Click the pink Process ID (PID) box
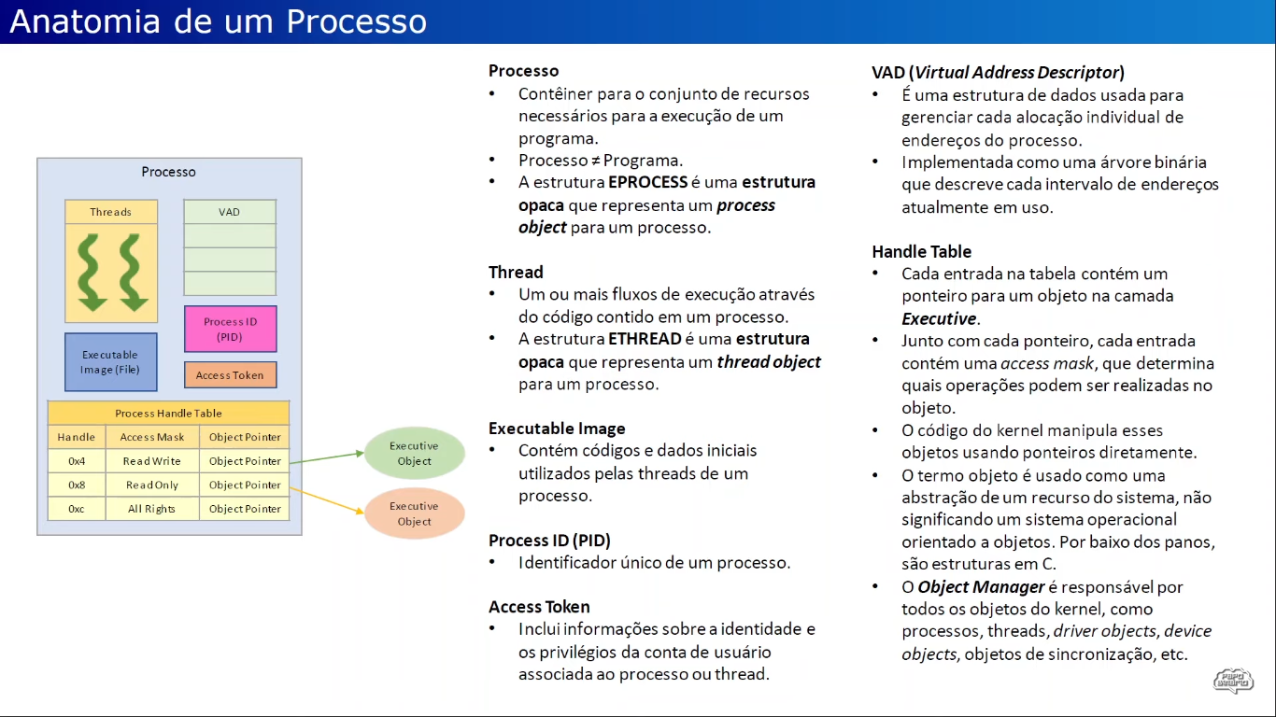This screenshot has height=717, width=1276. (x=230, y=329)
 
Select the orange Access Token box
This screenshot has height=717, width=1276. (x=230, y=375)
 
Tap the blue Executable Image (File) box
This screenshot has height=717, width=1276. (x=110, y=361)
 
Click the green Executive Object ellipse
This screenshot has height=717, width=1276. (x=414, y=454)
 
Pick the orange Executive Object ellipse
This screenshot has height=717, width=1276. (x=414, y=513)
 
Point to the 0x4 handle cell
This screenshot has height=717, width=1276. (x=77, y=461)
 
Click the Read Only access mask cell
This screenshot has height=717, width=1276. (x=151, y=485)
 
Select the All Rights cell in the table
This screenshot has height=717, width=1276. (x=151, y=509)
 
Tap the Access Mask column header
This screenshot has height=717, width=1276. (x=151, y=437)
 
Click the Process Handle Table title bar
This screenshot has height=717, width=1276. (x=168, y=413)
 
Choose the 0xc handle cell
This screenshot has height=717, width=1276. (x=77, y=509)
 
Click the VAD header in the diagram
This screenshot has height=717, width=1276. (x=230, y=212)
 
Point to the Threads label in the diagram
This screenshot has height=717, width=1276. (x=111, y=212)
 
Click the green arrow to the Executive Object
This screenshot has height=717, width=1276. (x=327, y=457)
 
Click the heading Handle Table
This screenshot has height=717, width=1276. (x=921, y=252)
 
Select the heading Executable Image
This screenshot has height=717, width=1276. (x=557, y=429)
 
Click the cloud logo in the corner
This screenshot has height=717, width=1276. (x=1233, y=680)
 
